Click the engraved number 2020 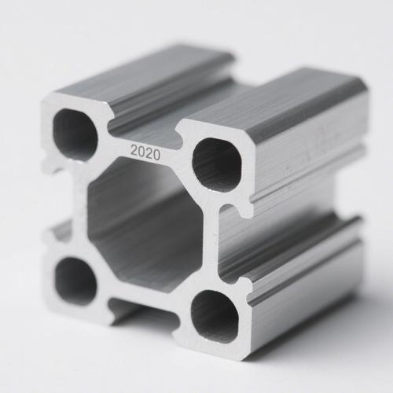pos(145,152)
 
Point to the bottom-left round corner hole pos(75,280)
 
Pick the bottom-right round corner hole pos(215,315)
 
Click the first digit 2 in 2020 pos(134,149)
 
